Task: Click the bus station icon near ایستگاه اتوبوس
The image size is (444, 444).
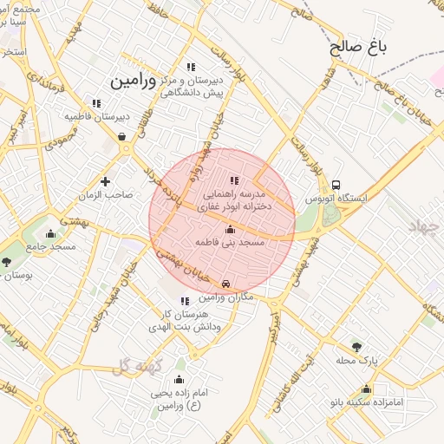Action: (x=336, y=185)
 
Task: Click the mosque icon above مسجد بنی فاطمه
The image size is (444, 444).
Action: (x=230, y=229)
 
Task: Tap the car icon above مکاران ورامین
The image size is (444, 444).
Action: (x=225, y=284)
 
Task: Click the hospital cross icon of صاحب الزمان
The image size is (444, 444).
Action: (x=105, y=181)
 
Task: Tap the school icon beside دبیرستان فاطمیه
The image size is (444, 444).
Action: (x=96, y=103)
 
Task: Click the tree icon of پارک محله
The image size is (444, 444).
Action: (x=356, y=346)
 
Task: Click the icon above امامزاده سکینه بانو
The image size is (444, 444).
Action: (x=366, y=389)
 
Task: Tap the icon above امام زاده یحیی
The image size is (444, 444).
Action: (x=179, y=379)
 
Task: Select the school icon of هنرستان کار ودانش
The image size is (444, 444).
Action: (x=184, y=300)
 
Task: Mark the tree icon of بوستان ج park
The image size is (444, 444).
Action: (x=7, y=261)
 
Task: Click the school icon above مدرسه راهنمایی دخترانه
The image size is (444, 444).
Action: (x=234, y=180)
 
